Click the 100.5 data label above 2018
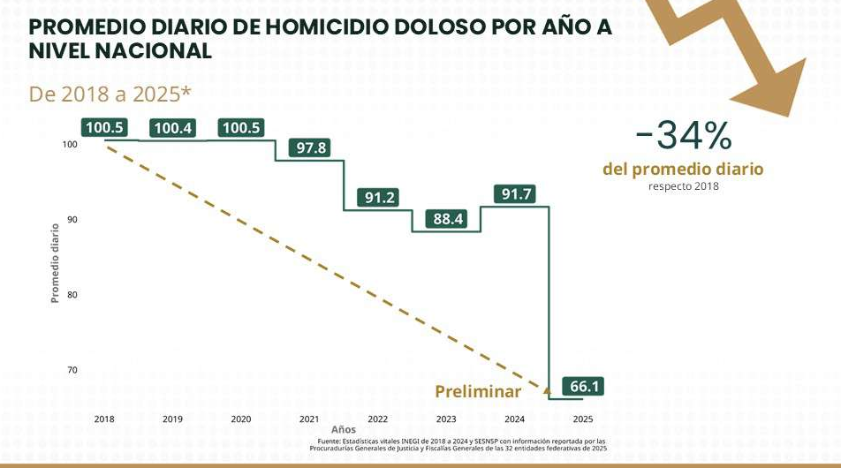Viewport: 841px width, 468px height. (104, 128)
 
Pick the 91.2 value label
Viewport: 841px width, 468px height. (380, 198)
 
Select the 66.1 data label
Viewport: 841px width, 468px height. (584, 387)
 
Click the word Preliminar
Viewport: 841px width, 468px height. (478, 391)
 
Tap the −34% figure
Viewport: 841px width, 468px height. (683, 136)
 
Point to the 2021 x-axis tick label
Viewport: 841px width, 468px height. (309, 419)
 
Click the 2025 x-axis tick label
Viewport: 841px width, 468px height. (583, 419)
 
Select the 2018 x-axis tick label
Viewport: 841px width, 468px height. (104, 419)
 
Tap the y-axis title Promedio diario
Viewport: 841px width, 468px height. (55, 263)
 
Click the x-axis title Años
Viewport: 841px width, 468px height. (344, 430)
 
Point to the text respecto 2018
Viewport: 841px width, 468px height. (683, 186)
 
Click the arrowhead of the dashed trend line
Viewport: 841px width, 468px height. (547, 386)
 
